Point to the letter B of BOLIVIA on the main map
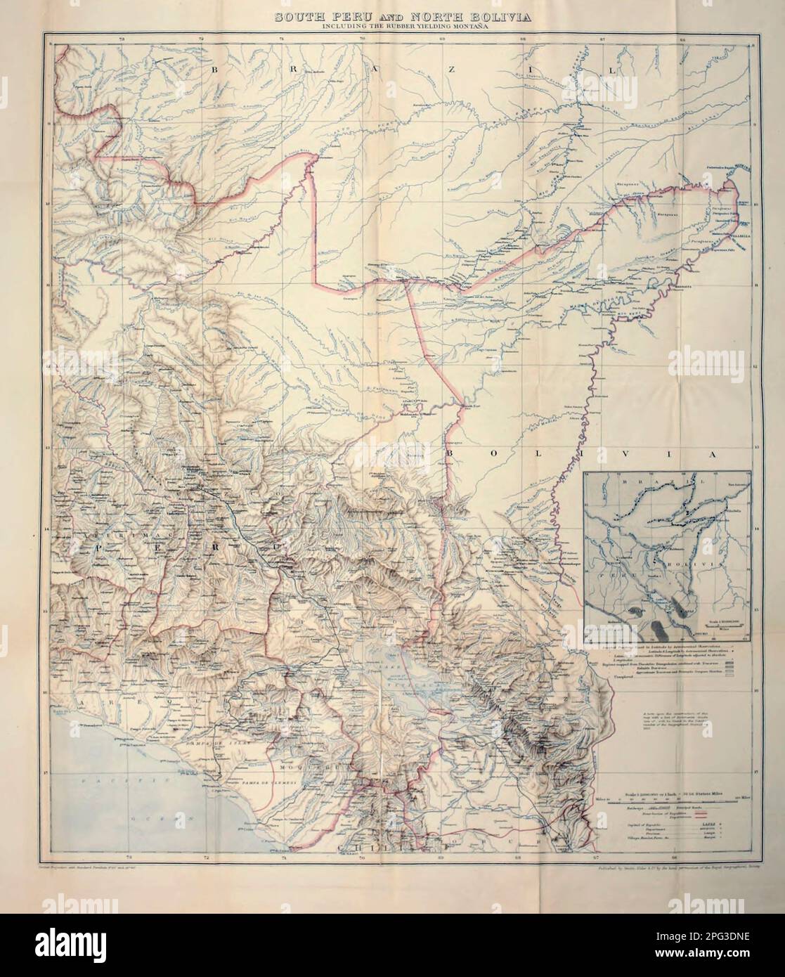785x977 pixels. [450, 455]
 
